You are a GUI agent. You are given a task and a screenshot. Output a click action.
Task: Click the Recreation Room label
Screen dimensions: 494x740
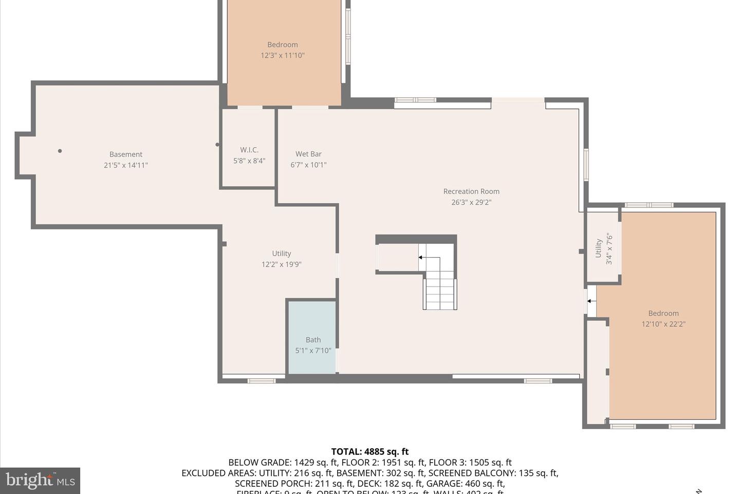(471, 191)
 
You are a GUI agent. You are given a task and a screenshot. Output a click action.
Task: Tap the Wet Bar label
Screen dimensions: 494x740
(308, 154)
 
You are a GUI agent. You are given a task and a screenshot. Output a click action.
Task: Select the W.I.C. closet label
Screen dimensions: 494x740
(249, 150)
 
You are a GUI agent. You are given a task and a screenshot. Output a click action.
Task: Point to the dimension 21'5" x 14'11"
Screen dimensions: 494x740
(126, 165)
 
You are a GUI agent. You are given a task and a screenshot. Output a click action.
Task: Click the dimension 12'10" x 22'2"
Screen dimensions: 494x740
(663, 324)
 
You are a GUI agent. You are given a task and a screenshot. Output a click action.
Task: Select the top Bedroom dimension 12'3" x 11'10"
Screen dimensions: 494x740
(283, 56)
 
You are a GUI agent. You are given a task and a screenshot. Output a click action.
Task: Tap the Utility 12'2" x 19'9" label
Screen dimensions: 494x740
(281, 259)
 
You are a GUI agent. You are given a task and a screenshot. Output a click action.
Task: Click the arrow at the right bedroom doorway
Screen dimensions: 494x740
(591, 301)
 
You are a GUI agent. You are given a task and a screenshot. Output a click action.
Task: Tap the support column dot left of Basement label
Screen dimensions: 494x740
(60, 151)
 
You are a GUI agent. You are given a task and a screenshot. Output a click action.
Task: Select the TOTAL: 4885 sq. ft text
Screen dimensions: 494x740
(370, 452)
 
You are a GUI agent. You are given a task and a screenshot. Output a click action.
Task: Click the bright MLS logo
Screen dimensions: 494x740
(40, 481)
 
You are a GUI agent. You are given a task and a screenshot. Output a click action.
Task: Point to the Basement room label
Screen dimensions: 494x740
(126, 154)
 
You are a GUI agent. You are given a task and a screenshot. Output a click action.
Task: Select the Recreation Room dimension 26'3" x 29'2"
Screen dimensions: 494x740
(471, 202)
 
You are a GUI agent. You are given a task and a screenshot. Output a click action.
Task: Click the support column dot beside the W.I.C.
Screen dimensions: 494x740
(217, 145)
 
